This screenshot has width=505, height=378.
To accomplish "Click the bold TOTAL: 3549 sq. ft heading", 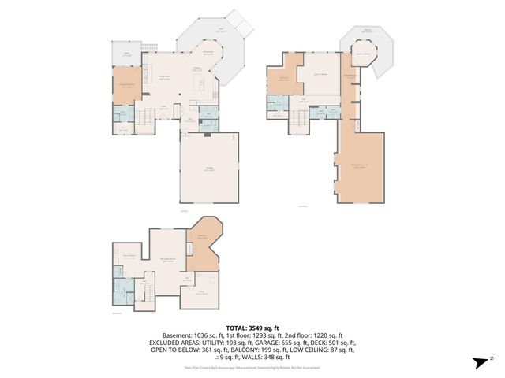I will (252, 327).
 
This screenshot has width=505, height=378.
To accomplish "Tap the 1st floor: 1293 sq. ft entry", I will (252, 335).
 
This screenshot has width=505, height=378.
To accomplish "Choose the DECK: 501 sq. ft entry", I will (335, 343).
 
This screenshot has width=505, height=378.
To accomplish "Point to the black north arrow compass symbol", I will (481, 362).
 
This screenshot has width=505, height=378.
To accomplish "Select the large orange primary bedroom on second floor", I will (361, 165).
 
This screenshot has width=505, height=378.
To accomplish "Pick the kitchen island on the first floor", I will (201, 83).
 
